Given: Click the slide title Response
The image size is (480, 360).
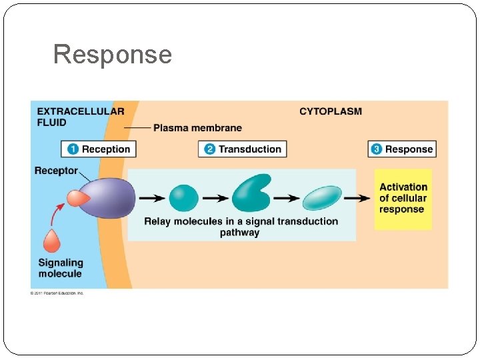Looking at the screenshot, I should pos(112,55).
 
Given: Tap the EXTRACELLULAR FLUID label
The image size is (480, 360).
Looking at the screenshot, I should pos(80,117).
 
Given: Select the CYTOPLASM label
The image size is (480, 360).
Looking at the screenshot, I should pos(330,111).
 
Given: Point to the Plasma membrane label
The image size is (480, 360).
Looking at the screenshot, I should pos(197,127).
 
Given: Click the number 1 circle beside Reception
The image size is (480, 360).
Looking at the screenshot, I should pos(73,149).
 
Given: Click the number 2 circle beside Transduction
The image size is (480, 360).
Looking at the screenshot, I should pos(209,149).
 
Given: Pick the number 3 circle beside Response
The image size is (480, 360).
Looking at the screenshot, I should pos(377,149).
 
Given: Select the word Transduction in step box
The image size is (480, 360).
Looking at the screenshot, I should pos(250,149).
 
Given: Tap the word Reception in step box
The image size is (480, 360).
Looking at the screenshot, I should pos(107,149).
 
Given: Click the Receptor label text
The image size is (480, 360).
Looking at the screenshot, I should pos(56,171).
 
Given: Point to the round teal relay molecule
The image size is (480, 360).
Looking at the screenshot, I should pos(183,198).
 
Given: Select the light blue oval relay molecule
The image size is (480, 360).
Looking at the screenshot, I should pos(322,198).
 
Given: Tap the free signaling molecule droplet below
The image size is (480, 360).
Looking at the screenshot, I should pos(52,241).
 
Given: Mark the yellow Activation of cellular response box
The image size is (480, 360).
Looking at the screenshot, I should pos(403,198).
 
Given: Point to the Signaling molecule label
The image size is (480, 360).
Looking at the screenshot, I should pos(61,268).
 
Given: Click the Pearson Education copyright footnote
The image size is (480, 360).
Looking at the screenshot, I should pos(57,293).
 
